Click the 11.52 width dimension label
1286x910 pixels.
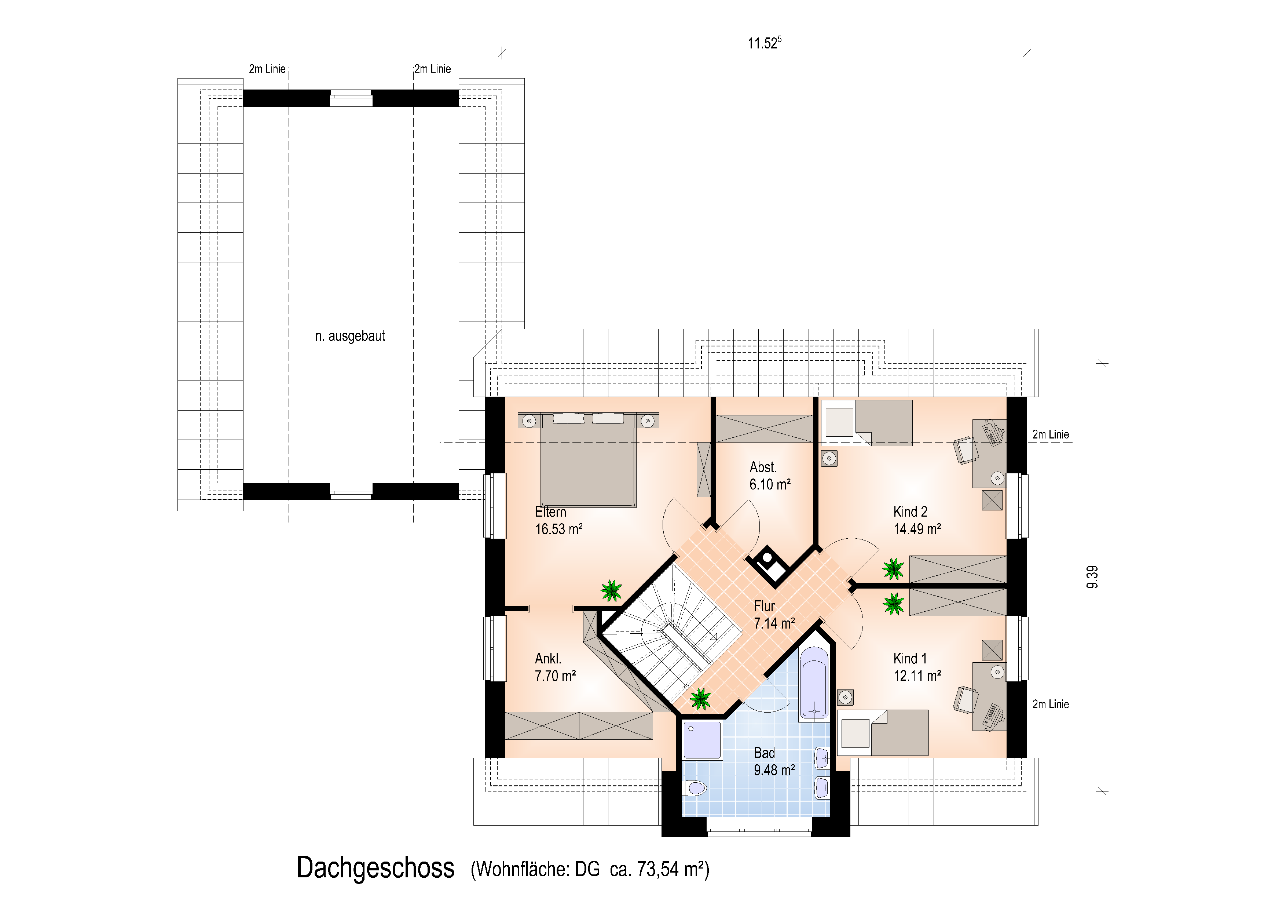tap(764, 43)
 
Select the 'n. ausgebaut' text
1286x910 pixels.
tap(350, 336)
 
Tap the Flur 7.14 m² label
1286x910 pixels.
tap(774, 615)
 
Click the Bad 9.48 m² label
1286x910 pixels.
tap(774, 761)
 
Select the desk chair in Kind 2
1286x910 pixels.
tap(966, 450)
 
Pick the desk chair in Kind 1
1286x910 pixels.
tap(966, 699)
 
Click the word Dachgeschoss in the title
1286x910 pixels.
tap(375, 868)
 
